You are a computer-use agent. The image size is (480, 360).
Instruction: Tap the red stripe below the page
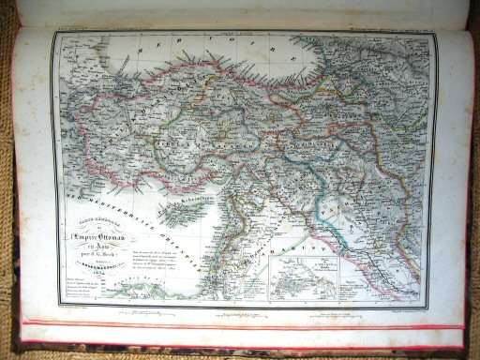coord(244,325)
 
